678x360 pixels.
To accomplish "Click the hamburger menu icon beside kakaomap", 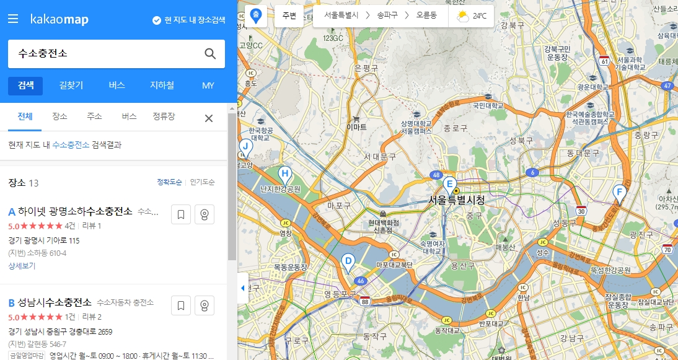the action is point(13,19).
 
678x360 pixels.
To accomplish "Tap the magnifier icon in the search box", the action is point(210,53).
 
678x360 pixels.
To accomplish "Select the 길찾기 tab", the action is point(71,86).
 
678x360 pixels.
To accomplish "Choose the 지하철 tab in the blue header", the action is point(162,86).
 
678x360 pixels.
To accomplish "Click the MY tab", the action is point(208,86).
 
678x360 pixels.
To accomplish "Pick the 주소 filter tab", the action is point(94,116).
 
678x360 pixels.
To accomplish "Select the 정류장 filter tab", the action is point(164,116).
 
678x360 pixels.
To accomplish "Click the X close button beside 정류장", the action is point(209,118).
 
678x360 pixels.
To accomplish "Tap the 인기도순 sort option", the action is point(203,182).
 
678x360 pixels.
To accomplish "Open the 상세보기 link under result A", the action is point(22,266).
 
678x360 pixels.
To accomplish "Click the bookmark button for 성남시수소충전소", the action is point(180,305).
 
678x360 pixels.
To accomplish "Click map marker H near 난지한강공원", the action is point(284,175).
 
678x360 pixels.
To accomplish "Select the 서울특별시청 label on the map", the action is point(456,200).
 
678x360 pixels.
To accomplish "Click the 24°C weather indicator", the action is point(471,16).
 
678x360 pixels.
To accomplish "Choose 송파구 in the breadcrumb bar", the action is point(389,16).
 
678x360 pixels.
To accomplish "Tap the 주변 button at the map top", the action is point(289,16).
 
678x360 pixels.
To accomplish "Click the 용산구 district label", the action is point(462,266).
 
